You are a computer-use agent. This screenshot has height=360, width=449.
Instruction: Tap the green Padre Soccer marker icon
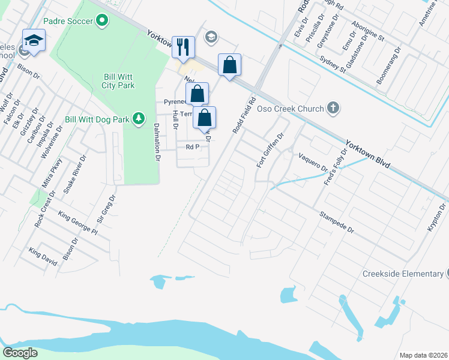click(102, 21)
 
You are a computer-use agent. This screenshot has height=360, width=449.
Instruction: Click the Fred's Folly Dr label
click(336, 167)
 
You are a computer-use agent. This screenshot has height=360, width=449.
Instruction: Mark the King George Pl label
click(77, 223)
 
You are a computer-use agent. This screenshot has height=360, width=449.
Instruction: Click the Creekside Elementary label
click(402, 274)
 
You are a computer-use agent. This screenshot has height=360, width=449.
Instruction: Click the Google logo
click(20, 352)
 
